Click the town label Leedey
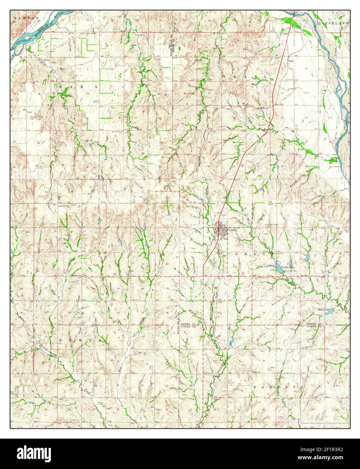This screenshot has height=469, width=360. (x=233, y=230)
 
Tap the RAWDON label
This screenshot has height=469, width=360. (x=21, y=17)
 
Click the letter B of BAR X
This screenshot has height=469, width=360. (x=61, y=87)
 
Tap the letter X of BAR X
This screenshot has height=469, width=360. (x=96, y=87)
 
